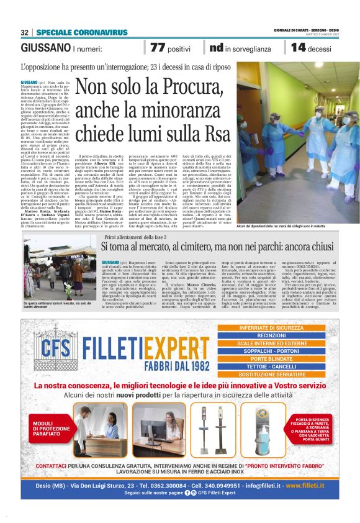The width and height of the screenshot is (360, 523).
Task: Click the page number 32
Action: click(x=25, y=32)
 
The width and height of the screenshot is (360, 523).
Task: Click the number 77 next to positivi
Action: click(x=157, y=48)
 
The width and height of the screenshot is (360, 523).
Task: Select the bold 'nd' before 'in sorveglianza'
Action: click(x=216, y=48)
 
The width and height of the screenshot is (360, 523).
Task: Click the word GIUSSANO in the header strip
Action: click(x=45, y=48)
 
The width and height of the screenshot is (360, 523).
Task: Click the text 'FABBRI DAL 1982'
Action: click(x=168, y=362)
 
